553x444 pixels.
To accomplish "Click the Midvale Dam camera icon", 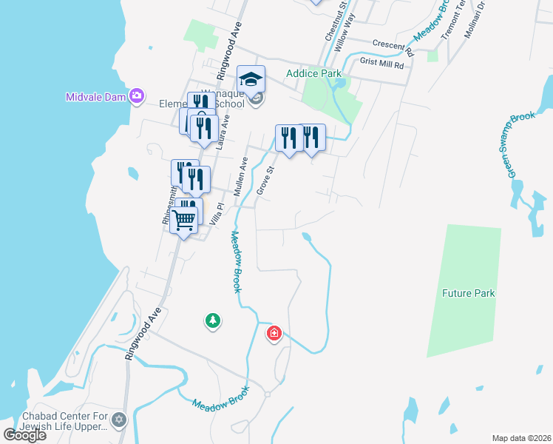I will [136, 95].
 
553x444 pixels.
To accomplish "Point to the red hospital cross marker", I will [274, 334].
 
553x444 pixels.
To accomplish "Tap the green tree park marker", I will [213, 320].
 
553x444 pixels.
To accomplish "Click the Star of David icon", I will [120, 420].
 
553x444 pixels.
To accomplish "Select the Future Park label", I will [468, 293].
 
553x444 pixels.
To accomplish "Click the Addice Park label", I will [313, 73].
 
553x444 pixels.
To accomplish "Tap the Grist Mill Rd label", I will [382, 64].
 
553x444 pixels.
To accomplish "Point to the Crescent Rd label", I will [393, 47].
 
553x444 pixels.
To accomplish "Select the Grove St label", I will [265, 181].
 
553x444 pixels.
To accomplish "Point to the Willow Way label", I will [345, 30].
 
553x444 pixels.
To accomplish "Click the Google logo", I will [24, 434].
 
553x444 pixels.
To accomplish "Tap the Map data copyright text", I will [521, 438].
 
